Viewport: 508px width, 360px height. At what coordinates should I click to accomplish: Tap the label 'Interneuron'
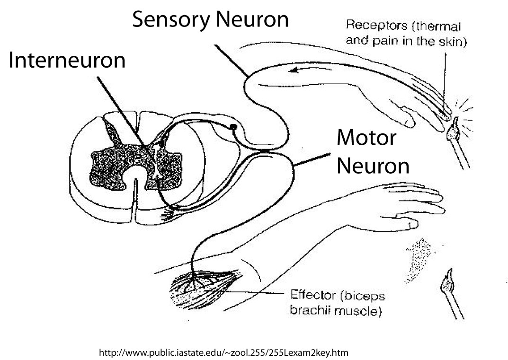pos(67,61)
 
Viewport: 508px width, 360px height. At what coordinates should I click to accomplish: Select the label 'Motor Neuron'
pos(372,152)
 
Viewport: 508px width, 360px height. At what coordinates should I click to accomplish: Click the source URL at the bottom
pos(223,353)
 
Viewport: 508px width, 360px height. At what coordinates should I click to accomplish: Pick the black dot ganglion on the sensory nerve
pos(233,127)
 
